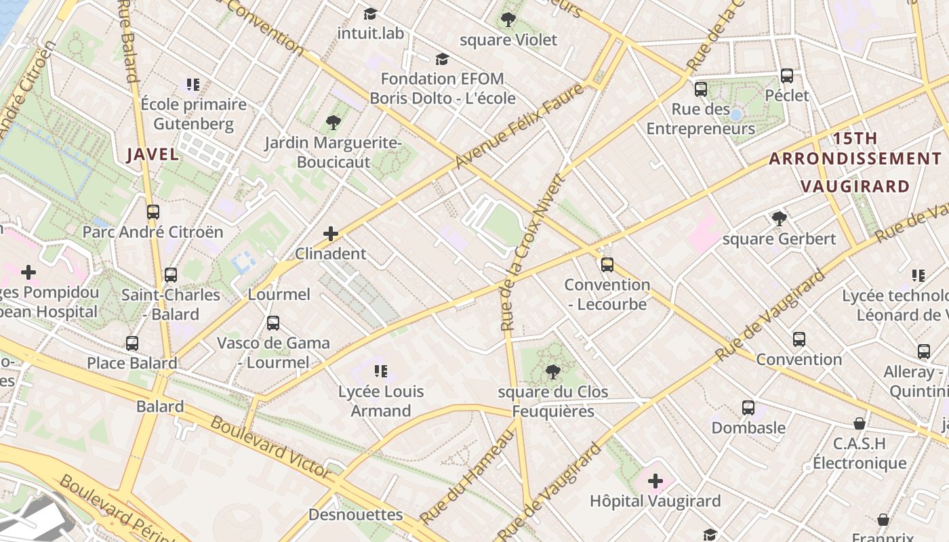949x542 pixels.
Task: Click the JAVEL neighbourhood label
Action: point(153,154)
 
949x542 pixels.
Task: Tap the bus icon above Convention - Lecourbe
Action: point(607,264)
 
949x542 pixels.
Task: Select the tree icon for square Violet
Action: point(508,20)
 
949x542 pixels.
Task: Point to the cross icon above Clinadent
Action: point(331,234)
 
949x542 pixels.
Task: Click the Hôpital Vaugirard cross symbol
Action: point(655,482)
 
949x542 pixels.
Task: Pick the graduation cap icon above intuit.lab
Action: point(370,14)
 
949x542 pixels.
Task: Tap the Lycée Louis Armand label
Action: point(381,401)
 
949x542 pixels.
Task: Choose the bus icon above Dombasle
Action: point(748,408)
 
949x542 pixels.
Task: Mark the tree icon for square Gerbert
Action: point(780,219)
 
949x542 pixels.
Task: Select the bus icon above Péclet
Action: point(787,76)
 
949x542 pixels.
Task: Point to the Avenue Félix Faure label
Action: point(519,126)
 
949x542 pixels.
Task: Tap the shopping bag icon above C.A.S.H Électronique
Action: point(860,424)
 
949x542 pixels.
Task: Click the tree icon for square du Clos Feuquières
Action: point(552,371)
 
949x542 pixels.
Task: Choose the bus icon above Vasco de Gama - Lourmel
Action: point(273,323)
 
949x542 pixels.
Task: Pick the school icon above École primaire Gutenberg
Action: point(193,85)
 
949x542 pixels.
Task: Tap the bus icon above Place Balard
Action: point(132,343)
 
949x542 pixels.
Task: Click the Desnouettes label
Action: point(355,515)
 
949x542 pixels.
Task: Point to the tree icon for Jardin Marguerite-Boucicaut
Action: point(333,123)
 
